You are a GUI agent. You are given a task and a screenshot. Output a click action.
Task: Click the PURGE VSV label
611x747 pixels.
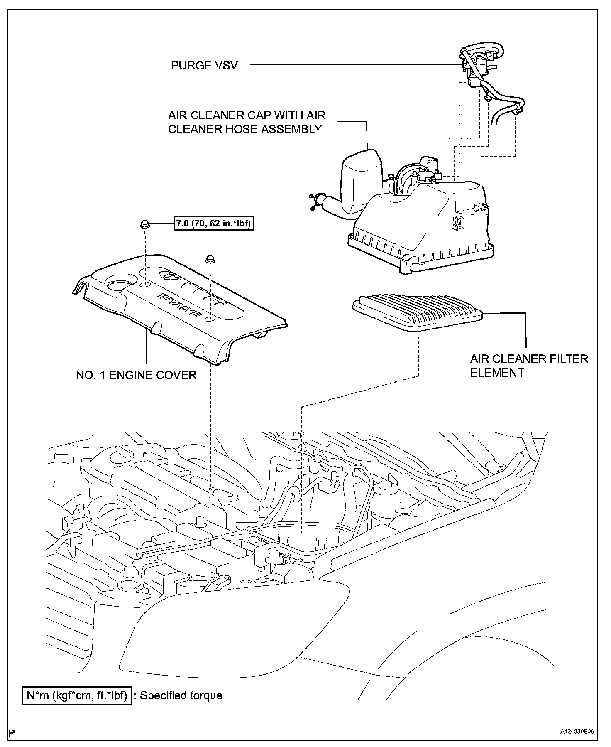pyautogui.click(x=204, y=66)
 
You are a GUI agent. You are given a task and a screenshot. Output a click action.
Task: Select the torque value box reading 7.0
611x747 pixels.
pyautogui.click(x=213, y=224)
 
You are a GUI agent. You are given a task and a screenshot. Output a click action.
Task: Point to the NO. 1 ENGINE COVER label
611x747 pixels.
pyautogui.click(x=136, y=375)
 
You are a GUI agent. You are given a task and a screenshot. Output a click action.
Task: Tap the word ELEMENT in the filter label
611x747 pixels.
pyautogui.click(x=498, y=373)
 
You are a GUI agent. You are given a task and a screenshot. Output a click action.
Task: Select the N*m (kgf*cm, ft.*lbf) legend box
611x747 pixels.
pyautogui.click(x=77, y=695)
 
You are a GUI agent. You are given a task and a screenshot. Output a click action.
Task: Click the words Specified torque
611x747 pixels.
pyautogui.click(x=181, y=695)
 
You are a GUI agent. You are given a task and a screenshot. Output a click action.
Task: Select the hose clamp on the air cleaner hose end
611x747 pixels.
pyautogui.click(x=318, y=201)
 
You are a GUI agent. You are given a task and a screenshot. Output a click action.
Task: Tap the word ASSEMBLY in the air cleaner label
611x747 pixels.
pyautogui.click(x=291, y=129)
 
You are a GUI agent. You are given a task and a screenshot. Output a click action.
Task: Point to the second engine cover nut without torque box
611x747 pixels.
pyautogui.click(x=210, y=260)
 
